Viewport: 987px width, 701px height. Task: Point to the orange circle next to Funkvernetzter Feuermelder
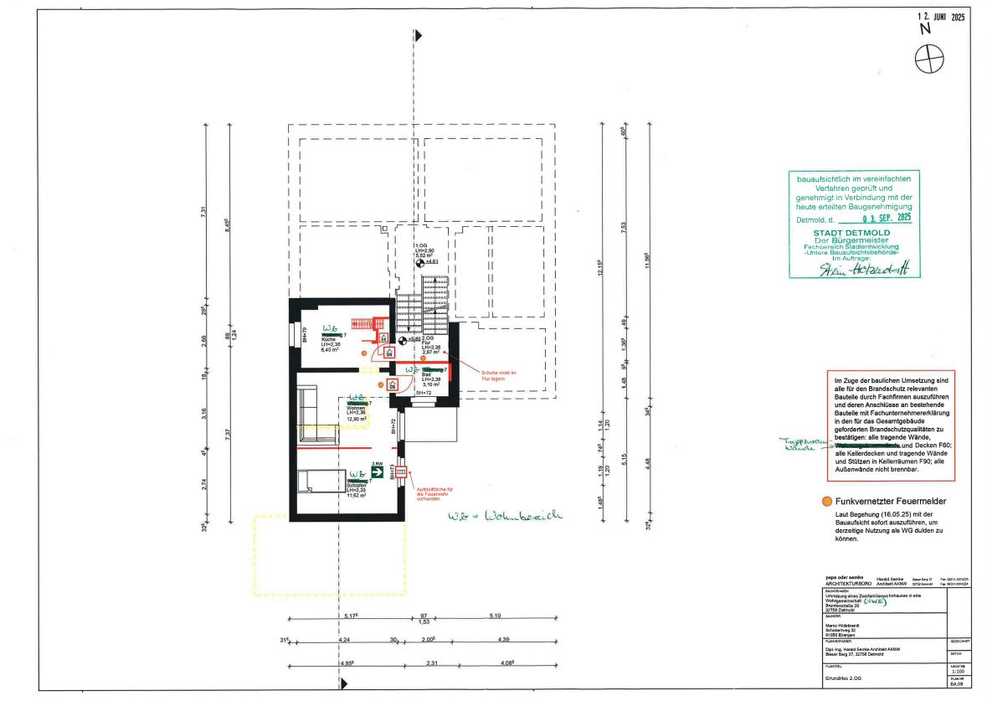[827, 502]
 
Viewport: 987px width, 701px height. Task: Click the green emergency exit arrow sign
[378, 472]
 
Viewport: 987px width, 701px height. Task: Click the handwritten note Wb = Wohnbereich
[505, 516]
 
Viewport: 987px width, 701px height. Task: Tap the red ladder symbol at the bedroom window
[400, 472]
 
